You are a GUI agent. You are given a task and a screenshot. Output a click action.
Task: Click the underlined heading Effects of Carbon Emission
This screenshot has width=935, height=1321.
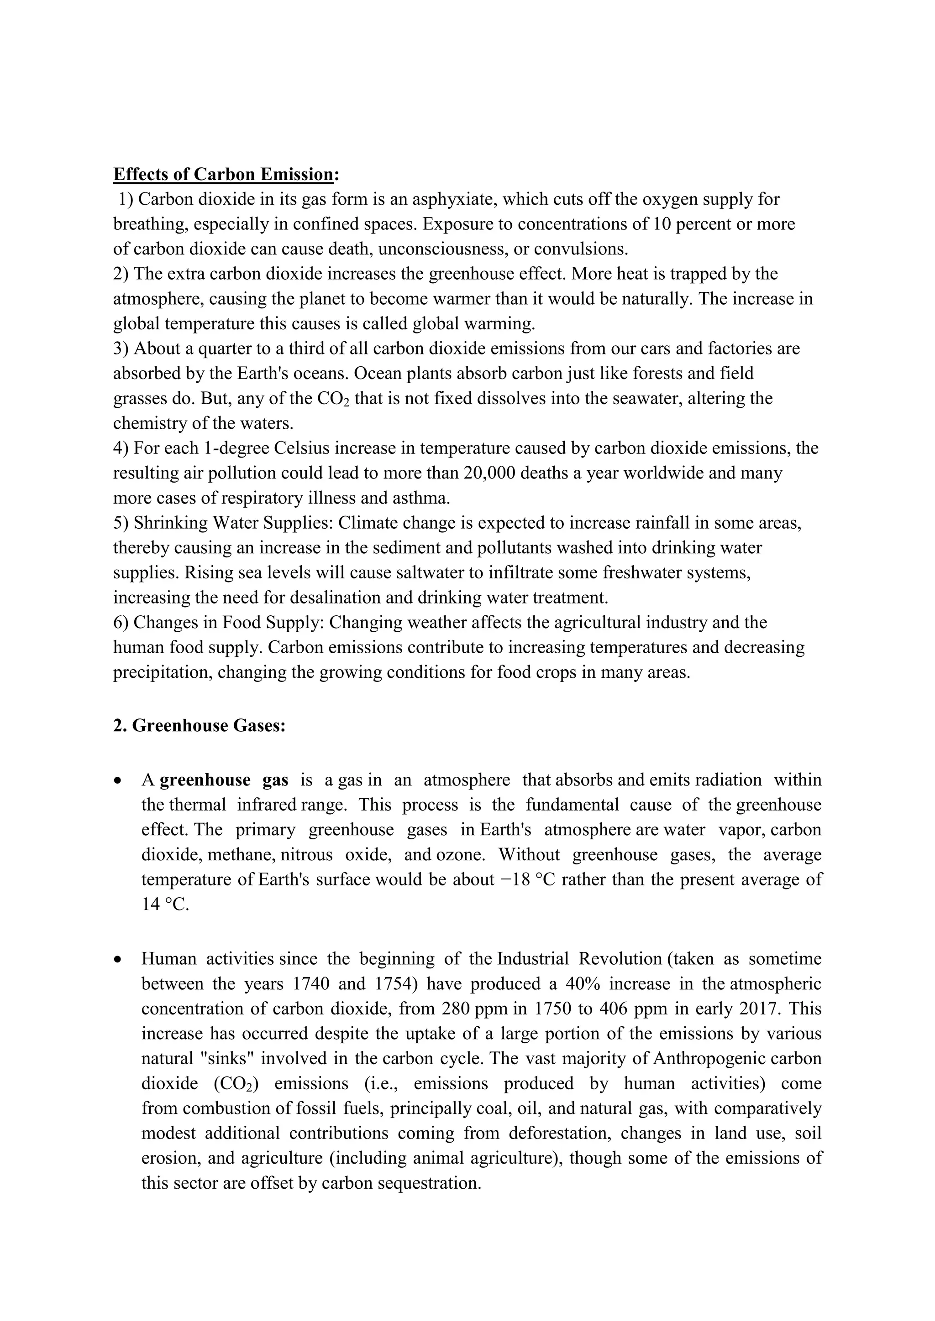(223, 174)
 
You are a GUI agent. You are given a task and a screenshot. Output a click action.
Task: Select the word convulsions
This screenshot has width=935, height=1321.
(580, 249)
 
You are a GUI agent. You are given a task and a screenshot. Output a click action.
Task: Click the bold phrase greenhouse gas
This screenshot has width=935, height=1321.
(224, 780)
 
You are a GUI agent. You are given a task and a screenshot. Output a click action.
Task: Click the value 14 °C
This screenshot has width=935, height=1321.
(165, 905)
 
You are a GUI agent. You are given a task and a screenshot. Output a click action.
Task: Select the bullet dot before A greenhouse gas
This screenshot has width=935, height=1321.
(118, 781)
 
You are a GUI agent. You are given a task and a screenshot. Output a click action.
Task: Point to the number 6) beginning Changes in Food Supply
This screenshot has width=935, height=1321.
(121, 623)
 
